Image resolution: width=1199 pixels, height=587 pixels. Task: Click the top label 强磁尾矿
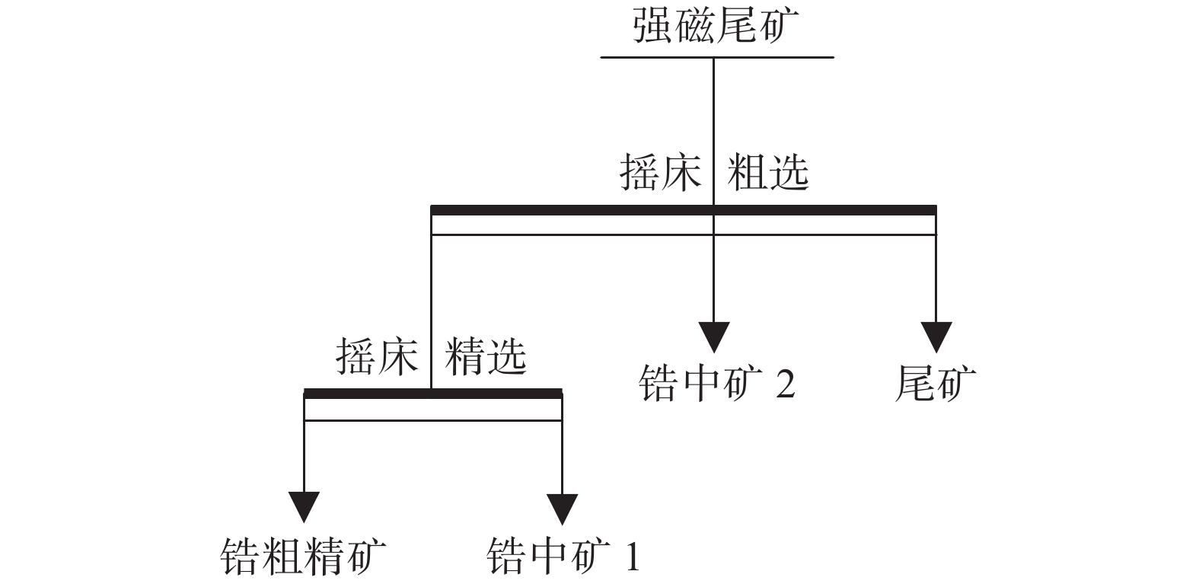[x=716, y=27]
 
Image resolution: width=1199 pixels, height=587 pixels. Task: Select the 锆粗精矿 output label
[x=304, y=558]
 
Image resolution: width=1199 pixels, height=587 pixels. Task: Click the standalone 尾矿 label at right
[x=936, y=383]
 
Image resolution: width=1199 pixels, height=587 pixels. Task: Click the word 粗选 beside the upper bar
[x=767, y=174]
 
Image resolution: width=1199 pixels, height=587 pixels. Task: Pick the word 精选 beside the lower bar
[x=486, y=356]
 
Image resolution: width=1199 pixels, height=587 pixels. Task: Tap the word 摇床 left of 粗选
[x=660, y=174]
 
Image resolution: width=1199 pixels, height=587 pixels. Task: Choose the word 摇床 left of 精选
[x=378, y=356]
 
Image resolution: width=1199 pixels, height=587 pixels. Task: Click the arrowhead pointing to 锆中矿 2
[x=714, y=336]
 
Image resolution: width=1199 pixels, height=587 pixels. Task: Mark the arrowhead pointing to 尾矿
[x=936, y=336]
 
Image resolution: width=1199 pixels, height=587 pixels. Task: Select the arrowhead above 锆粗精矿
[x=304, y=507]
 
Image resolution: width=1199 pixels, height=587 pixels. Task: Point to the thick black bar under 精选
[x=365, y=394]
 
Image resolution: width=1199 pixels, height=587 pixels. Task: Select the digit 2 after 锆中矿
[x=786, y=384]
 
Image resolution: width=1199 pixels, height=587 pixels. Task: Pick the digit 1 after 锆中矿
[x=631, y=558]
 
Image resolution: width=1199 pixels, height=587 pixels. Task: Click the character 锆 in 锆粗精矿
[x=241, y=558]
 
